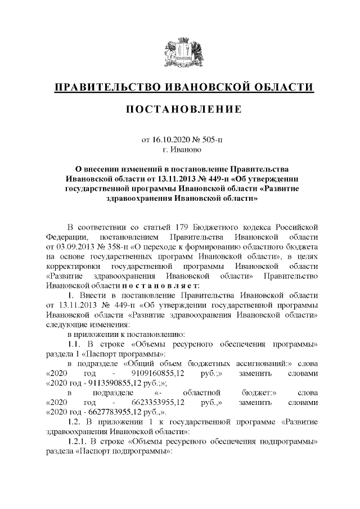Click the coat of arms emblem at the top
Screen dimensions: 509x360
point(179,53)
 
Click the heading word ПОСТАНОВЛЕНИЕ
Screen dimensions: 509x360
point(179,107)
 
